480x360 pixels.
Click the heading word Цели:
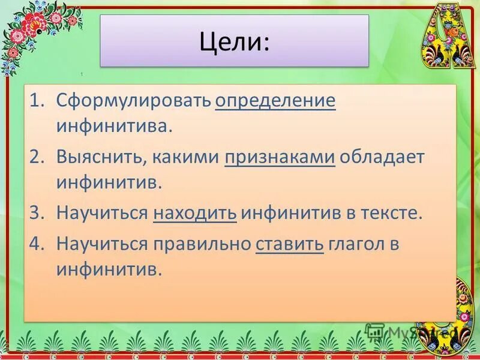[234, 41]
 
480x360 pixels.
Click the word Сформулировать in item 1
[134, 101]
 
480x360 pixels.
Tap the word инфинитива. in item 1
[115, 126]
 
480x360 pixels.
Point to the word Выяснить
[100, 157]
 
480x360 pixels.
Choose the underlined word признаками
[280, 157]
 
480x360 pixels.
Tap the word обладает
[382, 157]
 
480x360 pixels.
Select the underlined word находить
[195, 213]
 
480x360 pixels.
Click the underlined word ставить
[289, 244]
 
